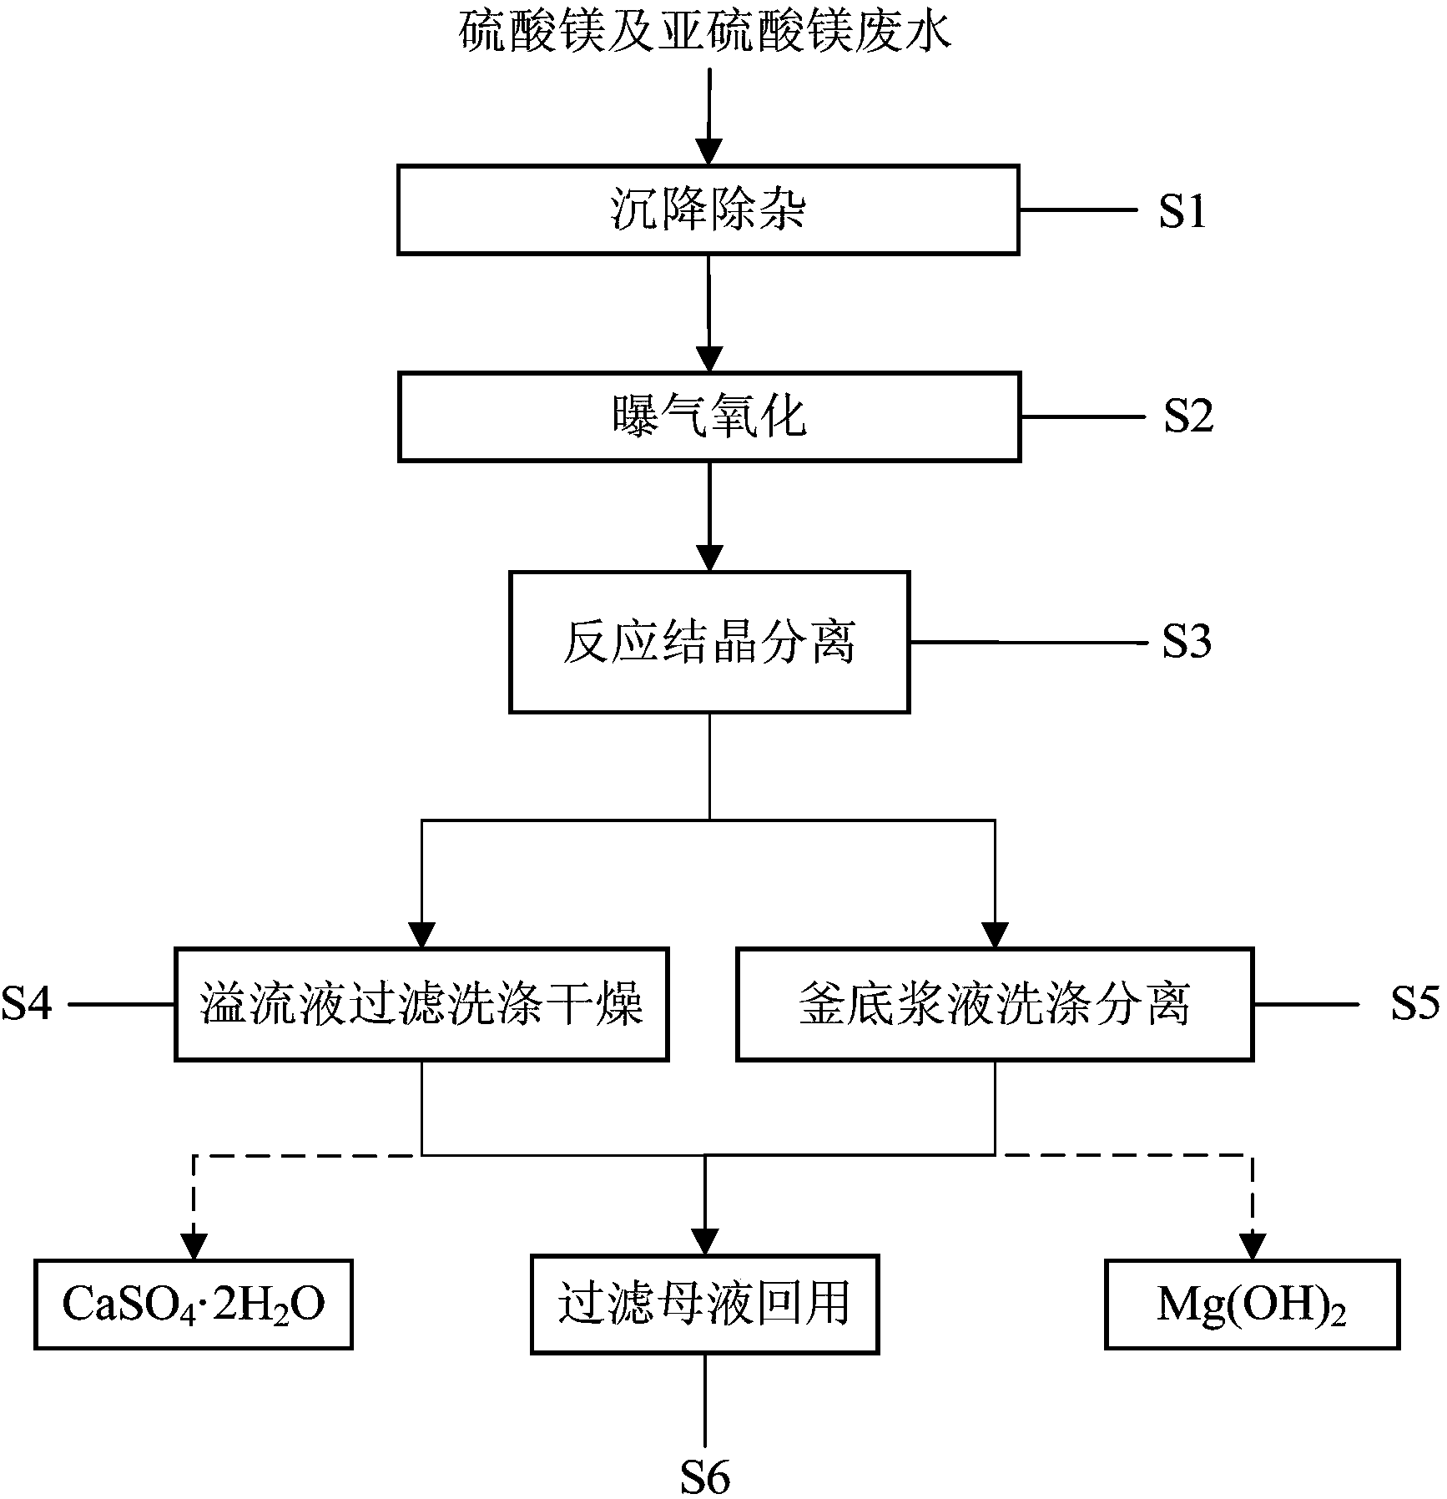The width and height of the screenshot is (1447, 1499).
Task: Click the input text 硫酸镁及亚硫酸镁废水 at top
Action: point(706,33)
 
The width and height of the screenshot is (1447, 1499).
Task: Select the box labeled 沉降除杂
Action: point(708,209)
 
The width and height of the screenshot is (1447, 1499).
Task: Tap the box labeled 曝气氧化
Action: point(709,416)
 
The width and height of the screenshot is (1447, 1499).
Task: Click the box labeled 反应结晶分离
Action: point(709,642)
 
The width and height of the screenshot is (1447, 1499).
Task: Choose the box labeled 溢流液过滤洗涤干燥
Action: point(421,1004)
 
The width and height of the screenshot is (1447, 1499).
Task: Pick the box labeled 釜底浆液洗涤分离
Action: point(995,1004)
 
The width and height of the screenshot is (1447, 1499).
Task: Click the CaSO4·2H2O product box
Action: point(194,1305)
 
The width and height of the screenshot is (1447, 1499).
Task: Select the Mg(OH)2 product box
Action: point(1252,1305)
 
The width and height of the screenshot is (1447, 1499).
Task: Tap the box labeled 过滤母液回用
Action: point(705,1304)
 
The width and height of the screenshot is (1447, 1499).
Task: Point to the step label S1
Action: point(1182,211)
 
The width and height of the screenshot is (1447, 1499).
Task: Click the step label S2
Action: point(1188,416)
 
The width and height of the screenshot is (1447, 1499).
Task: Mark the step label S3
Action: point(1187,642)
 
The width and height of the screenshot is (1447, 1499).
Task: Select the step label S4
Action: point(27,1004)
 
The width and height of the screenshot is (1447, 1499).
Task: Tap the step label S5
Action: point(1414,1004)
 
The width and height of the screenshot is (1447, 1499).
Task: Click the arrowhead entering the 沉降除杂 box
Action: point(708,153)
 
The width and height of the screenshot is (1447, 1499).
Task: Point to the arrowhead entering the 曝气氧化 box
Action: point(709,360)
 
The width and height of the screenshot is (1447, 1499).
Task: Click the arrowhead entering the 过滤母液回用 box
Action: point(705,1242)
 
